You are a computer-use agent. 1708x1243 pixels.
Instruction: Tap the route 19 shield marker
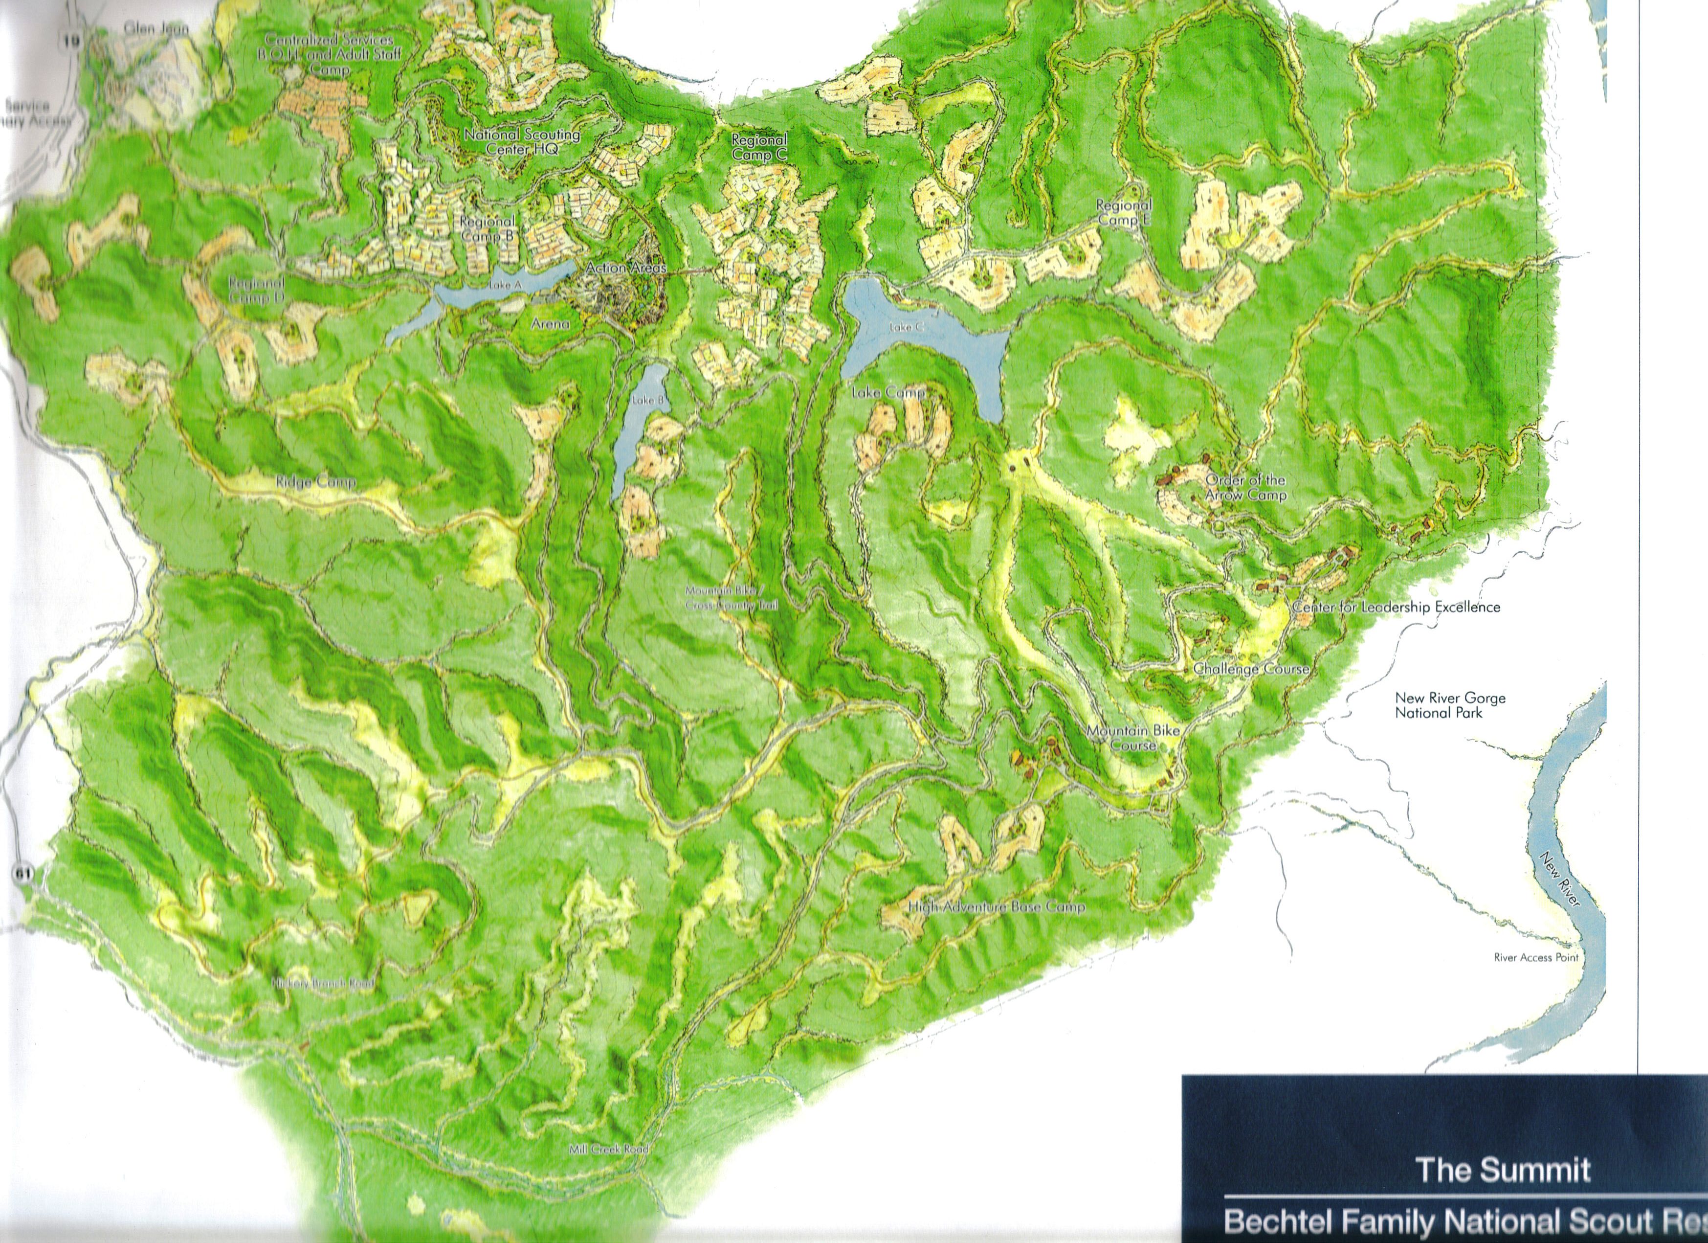point(71,40)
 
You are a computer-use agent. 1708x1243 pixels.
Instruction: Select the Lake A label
point(505,285)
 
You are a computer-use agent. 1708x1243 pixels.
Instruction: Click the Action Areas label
point(625,268)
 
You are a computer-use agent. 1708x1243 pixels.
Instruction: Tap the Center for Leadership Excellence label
point(1396,607)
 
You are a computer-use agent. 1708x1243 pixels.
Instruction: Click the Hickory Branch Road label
point(323,984)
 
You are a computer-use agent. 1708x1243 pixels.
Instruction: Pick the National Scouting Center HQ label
point(522,141)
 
